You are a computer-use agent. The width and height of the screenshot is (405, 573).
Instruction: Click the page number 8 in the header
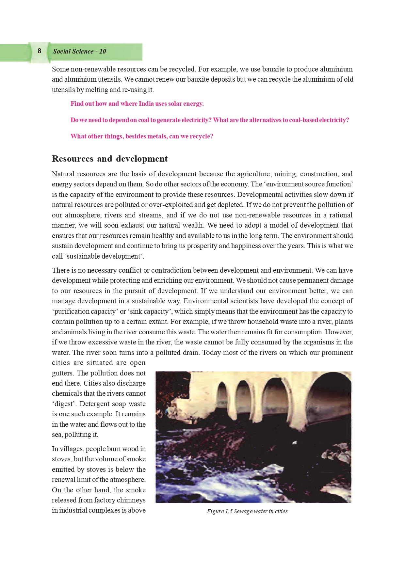point(40,51)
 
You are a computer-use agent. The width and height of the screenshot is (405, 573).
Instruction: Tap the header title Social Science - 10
point(79,51)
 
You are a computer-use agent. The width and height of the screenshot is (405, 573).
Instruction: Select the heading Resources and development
point(110,159)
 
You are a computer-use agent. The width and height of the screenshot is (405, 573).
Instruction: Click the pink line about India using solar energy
point(137,104)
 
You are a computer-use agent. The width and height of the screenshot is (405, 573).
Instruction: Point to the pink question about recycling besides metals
point(142,136)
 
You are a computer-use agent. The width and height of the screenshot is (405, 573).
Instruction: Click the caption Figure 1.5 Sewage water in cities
point(247,511)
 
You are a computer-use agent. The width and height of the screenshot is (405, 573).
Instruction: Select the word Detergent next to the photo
point(95,404)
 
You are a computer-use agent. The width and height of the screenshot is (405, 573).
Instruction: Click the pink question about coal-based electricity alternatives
point(210,120)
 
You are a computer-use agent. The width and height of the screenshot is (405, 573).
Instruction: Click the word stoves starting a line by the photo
point(62,459)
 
